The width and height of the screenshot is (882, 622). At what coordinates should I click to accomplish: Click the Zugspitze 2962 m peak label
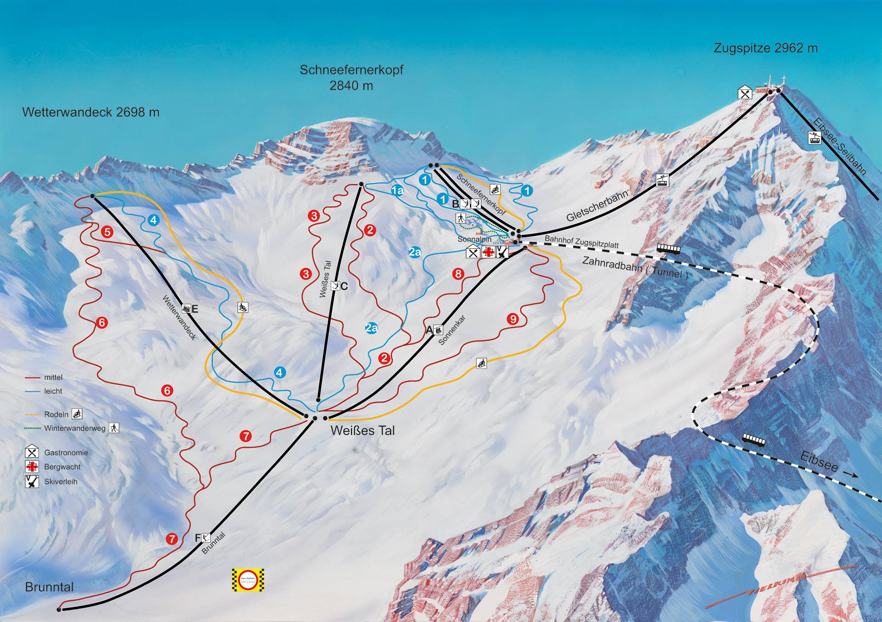tap(765, 48)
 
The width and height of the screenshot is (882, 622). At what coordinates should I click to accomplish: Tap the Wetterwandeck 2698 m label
tap(90, 112)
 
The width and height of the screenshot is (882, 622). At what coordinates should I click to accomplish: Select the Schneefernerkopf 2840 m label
tap(351, 77)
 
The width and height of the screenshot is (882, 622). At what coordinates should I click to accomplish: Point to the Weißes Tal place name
tap(362, 430)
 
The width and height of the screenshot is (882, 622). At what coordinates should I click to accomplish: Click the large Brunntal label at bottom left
tap(49, 587)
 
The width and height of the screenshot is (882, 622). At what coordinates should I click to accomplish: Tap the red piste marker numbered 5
tap(107, 232)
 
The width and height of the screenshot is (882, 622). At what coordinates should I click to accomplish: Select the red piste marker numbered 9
tap(513, 319)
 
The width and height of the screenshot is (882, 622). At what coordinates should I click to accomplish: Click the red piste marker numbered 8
tap(458, 274)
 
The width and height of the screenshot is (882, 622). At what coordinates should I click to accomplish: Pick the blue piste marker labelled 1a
tap(397, 190)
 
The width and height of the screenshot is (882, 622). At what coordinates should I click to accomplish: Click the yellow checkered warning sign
tap(248, 580)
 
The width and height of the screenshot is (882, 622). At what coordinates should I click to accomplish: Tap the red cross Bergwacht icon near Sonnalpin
tap(488, 252)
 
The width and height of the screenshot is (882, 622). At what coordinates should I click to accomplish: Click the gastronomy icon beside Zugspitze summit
tap(745, 93)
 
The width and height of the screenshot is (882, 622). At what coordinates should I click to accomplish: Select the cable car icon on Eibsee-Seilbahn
tap(814, 137)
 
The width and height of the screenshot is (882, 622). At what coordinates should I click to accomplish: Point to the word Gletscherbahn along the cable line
tap(597, 206)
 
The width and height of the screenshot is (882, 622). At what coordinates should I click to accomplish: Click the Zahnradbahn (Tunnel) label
tap(635, 267)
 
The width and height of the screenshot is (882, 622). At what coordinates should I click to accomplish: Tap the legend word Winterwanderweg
tap(75, 429)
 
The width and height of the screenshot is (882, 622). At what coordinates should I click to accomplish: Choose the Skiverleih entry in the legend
tap(61, 482)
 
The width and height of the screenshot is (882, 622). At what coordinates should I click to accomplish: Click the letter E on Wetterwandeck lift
tap(195, 309)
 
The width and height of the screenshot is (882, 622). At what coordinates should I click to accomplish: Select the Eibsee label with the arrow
tap(819, 461)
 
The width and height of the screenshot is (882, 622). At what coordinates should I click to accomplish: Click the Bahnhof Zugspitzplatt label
tap(582, 242)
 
